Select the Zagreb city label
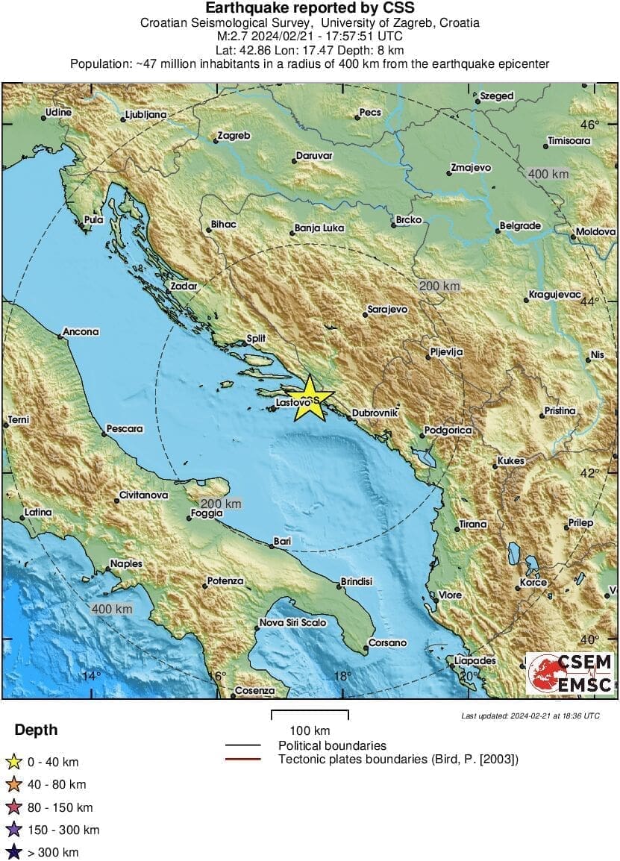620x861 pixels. [x=233, y=137]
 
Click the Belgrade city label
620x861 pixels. [x=520, y=226]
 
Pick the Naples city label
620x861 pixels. [x=126, y=564]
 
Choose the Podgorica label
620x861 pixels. [x=448, y=430]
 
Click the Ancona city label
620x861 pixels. [x=81, y=332]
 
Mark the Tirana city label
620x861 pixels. [x=472, y=525]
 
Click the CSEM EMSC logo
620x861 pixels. [x=571, y=674]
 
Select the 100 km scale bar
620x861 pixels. [x=309, y=715]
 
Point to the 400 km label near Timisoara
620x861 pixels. [x=548, y=174]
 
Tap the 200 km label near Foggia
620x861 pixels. [x=222, y=504]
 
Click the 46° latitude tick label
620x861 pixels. [x=590, y=125]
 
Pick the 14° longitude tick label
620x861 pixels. [x=91, y=676]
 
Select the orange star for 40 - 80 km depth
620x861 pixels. [x=13, y=785]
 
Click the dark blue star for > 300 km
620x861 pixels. [x=13, y=852]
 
